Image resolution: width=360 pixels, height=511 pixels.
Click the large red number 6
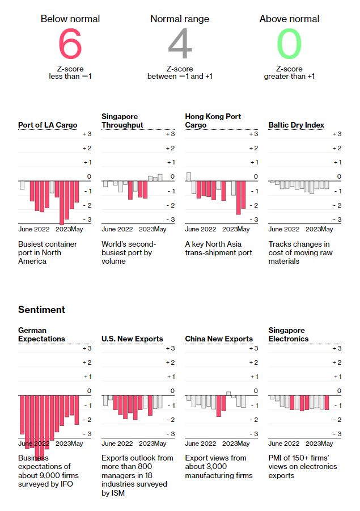point(70,45)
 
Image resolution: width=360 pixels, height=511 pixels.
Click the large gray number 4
point(180,45)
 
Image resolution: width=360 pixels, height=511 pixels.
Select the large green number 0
point(289,45)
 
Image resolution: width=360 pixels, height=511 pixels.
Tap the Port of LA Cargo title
point(48,125)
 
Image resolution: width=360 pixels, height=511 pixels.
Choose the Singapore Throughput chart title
point(122,121)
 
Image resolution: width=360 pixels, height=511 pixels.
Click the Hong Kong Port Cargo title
point(213,121)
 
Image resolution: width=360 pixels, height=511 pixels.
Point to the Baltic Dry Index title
point(296,125)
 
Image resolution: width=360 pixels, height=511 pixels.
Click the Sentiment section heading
point(41,310)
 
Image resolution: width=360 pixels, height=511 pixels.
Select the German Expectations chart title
point(41,335)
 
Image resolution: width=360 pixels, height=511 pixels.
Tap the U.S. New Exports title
point(132,339)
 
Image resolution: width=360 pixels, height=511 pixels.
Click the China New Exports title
point(219,339)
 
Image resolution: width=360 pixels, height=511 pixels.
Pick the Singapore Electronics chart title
point(289,335)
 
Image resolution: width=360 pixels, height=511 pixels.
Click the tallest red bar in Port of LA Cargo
point(62,202)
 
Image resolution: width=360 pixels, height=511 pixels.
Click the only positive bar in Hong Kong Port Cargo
point(189,176)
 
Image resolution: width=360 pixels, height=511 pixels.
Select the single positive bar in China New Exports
point(228,393)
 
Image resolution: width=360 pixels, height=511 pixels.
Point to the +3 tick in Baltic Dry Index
point(337,134)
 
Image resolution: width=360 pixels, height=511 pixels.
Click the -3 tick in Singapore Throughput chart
point(170,219)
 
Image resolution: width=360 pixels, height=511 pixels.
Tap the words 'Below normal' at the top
point(70,19)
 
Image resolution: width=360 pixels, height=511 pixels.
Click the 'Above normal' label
point(289,19)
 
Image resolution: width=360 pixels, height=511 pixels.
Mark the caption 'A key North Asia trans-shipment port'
point(218,248)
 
